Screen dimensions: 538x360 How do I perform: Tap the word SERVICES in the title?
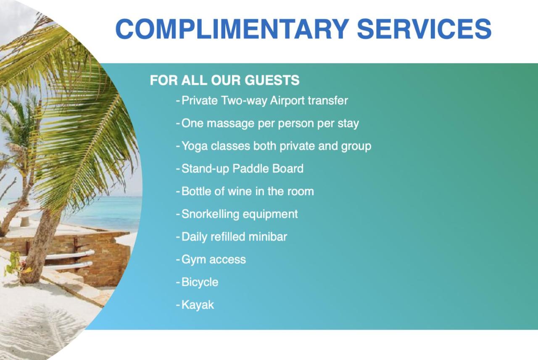coord(425,29)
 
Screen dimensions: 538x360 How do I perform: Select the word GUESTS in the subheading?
coord(272,80)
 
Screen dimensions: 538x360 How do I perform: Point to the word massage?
coord(230,124)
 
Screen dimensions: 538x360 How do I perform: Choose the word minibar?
coord(268,237)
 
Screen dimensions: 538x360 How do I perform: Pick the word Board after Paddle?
coord(288,169)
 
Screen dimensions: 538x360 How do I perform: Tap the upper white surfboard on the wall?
coord(70,255)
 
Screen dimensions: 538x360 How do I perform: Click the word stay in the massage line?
coord(348,124)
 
